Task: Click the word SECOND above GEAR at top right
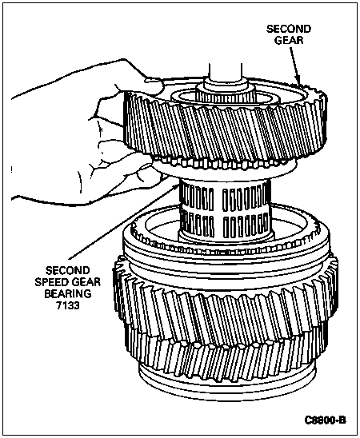coord(289,29)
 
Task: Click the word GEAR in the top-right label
coord(289,40)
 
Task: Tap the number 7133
coord(68,305)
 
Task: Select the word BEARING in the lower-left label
coord(68,294)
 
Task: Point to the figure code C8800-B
coord(326,420)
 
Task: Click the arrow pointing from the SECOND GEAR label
coord(294,66)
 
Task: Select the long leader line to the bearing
coord(123,221)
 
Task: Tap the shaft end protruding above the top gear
coord(225,71)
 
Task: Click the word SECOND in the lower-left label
coord(68,270)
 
